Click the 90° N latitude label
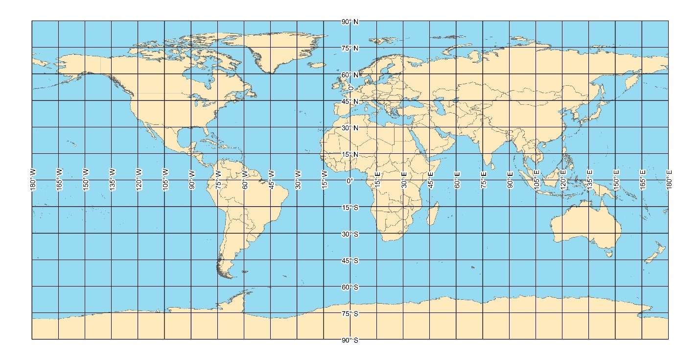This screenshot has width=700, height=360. tap(350, 22)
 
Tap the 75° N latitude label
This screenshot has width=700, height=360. tap(350, 48)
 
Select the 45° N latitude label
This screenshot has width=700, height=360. tap(350, 101)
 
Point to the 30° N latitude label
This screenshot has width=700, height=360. tap(350, 128)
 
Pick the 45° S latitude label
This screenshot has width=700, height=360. tap(350, 261)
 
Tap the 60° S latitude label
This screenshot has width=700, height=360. tap(350, 287)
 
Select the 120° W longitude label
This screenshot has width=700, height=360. tap(139, 180)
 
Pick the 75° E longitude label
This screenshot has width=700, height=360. tap(484, 180)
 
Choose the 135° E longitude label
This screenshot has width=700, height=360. tap(590, 180)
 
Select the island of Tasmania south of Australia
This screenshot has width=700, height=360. tap(609, 253)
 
